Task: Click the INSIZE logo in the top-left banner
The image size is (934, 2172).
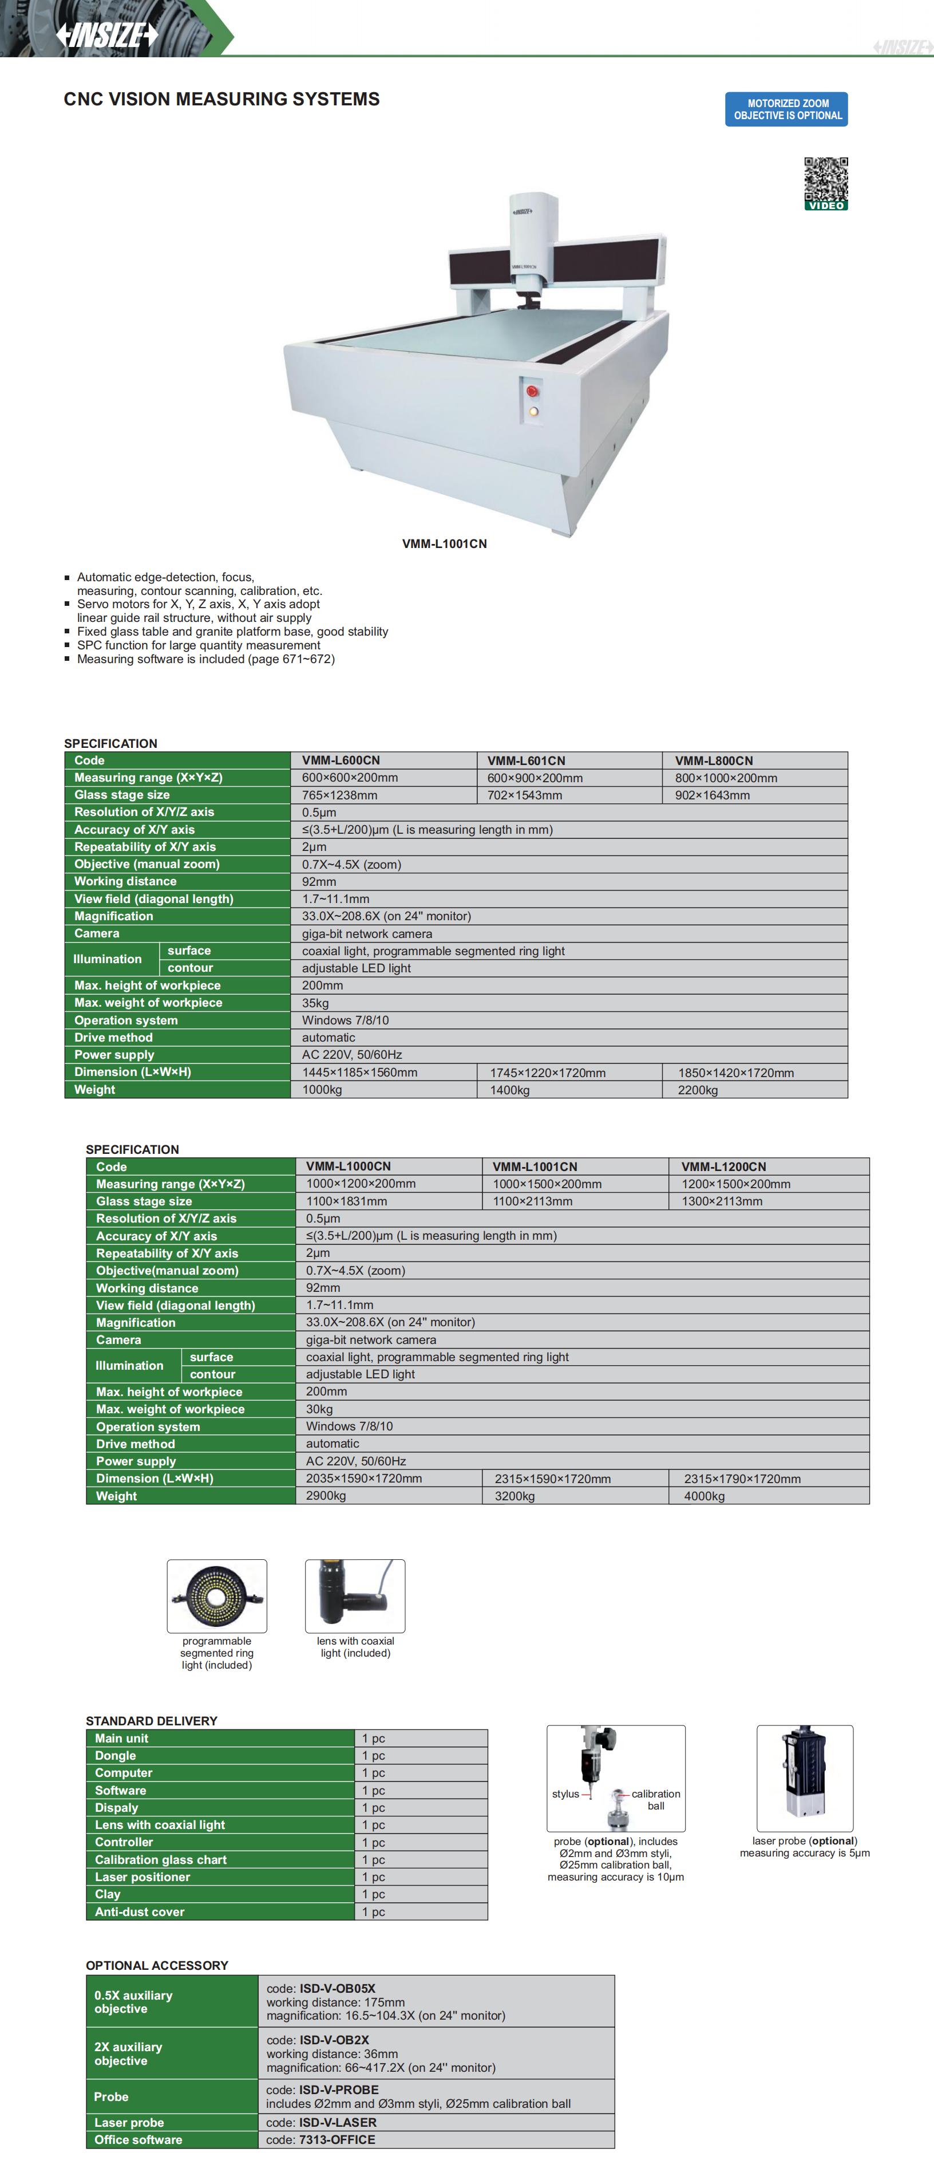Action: [x=107, y=34]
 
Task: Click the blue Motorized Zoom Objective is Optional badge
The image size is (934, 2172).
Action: [x=786, y=109]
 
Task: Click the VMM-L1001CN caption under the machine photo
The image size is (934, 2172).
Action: [x=444, y=544]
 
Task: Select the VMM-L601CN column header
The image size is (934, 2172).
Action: [x=526, y=760]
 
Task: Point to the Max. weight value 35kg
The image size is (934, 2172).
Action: [x=315, y=1003]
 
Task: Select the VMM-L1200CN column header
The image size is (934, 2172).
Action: [x=723, y=1167]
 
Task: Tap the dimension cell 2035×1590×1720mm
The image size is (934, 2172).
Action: [x=364, y=1479]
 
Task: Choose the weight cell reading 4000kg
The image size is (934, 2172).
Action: [x=704, y=1497]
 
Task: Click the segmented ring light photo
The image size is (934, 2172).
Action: [x=217, y=1596]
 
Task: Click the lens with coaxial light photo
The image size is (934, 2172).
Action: [x=355, y=1596]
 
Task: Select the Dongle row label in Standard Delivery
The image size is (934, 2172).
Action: [x=116, y=1756]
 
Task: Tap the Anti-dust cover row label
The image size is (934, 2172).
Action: [x=139, y=1911]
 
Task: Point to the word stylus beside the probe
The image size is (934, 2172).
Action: [x=565, y=1793]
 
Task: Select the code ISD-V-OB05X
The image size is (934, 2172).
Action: [x=337, y=1988]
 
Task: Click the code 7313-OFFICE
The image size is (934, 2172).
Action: [x=337, y=2139]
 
